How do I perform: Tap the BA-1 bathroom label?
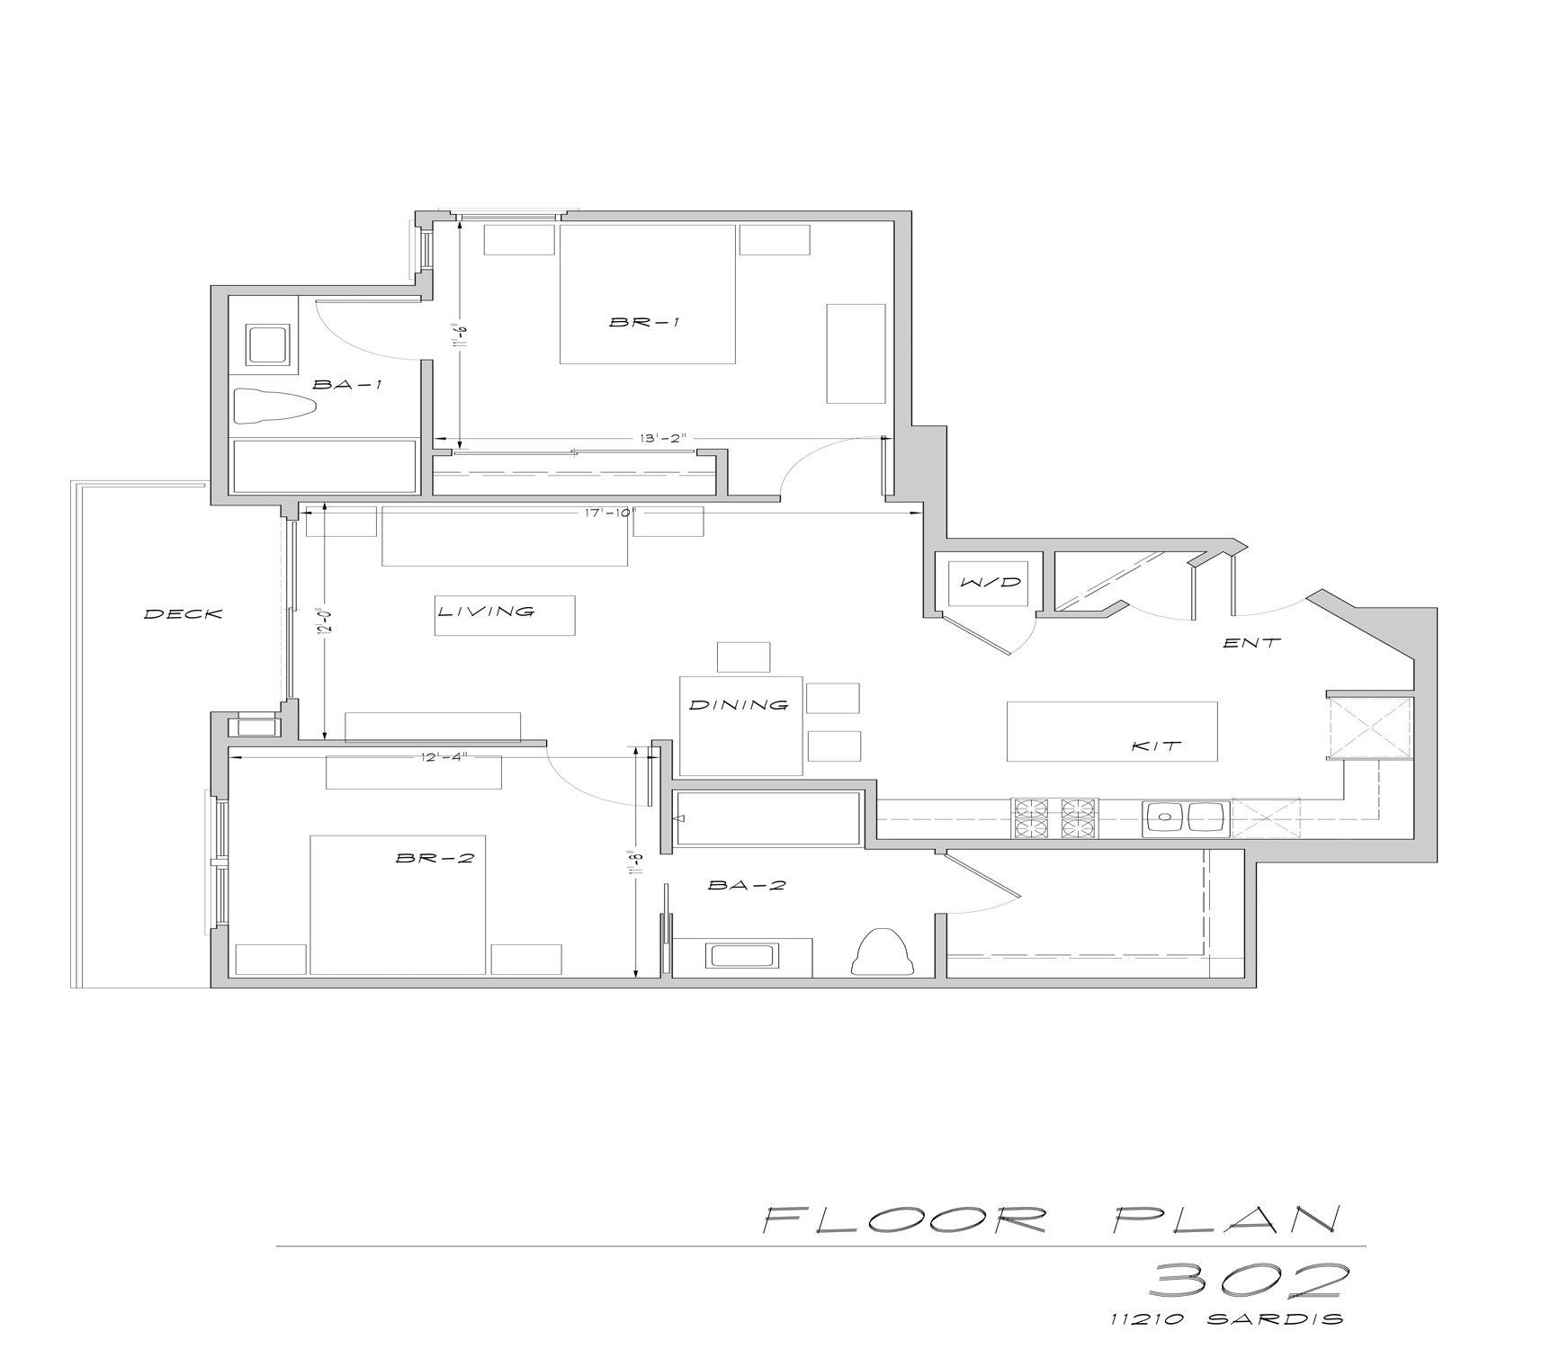(x=347, y=385)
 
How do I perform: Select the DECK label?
(x=184, y=614)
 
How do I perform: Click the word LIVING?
(x=487, y=612)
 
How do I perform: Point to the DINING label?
(x=739, y=705)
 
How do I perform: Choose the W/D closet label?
(x=991, y=582)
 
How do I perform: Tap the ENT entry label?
(x=1251, y=643)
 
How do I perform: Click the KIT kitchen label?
(x=1155, y=746)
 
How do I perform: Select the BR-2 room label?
(x=435, y=858)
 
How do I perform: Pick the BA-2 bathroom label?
(x=747, y=885)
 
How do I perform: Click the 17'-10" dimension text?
(x=608, y=513)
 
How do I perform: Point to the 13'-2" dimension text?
(x=663, y=439)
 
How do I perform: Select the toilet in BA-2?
(x=882, y=951)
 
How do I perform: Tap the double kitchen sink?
(x=1184, y=818)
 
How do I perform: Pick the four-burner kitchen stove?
(x=1056, y=817)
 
